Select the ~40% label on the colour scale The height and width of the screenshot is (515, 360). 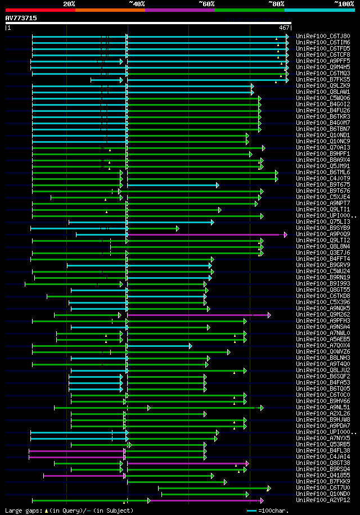[137, 4]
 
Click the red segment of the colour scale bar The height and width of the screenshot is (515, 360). [40, 10]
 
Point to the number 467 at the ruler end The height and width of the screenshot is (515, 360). [284, 27]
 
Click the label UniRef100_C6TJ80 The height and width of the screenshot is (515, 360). [323, 36]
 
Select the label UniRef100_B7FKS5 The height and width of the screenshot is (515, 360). [323, 79]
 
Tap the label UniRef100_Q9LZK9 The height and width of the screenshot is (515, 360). [323, 85]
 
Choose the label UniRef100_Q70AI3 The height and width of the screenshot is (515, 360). [323, 147]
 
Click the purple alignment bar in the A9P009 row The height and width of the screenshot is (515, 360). [202, 234]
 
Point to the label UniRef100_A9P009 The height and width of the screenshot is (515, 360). [323, 234]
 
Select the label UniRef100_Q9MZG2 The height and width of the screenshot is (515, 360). [323, 314]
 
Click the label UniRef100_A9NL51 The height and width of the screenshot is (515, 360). [323, 407]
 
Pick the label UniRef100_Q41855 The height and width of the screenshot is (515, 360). [323, 475]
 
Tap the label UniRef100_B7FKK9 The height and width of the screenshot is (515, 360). [323, 481]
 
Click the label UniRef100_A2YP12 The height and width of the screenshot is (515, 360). [323, 500]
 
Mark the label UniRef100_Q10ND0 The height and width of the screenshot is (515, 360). [323, 494]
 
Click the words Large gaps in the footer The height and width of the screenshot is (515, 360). [22, 511]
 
